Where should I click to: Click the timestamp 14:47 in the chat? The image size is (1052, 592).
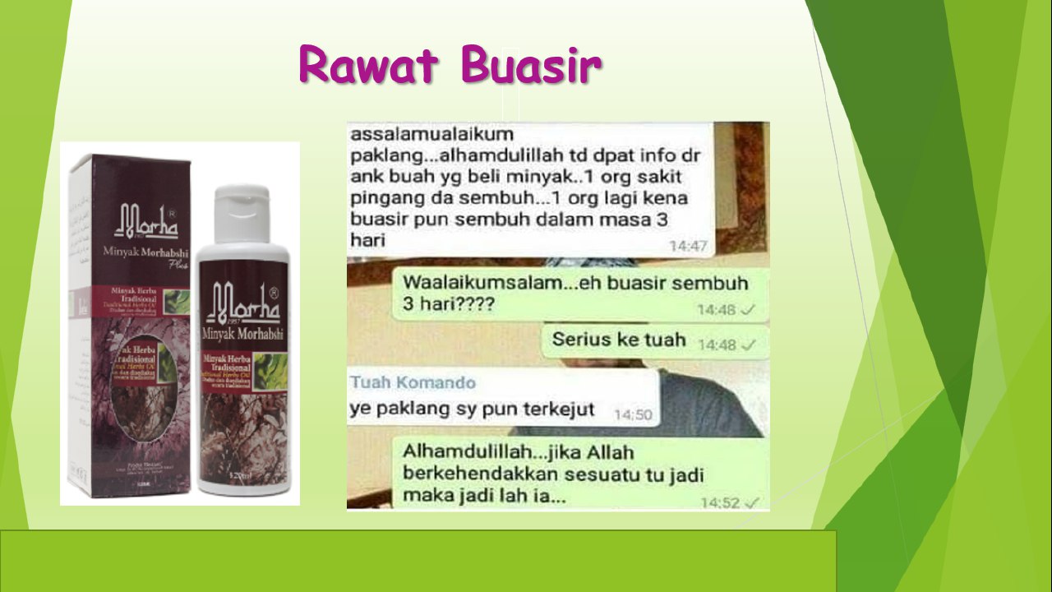coord(689,245)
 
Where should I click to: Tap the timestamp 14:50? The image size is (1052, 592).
coord(633,414)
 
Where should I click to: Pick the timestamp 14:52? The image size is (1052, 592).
coord(721,502)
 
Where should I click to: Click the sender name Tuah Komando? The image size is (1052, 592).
coord(413,382)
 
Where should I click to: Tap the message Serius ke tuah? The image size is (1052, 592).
coord(619,339)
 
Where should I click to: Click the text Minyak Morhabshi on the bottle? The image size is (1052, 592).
coord(242,333)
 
